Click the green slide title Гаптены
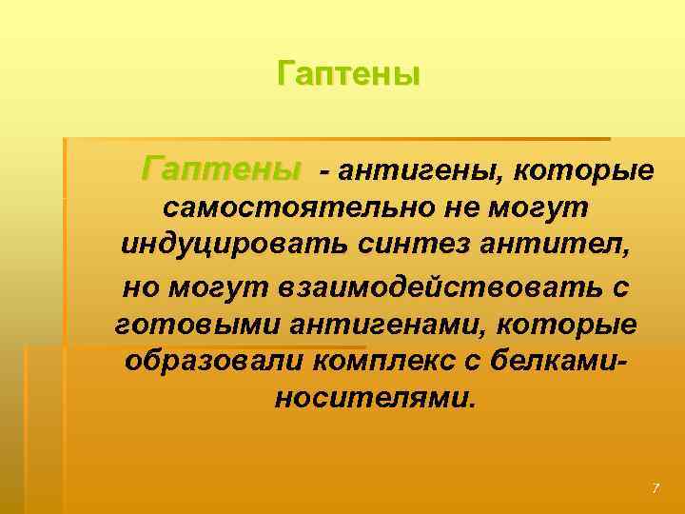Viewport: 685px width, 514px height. tap(348, 73)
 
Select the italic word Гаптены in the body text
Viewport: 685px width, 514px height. tap(220, 170)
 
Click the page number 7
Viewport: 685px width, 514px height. tap(655, 488)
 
